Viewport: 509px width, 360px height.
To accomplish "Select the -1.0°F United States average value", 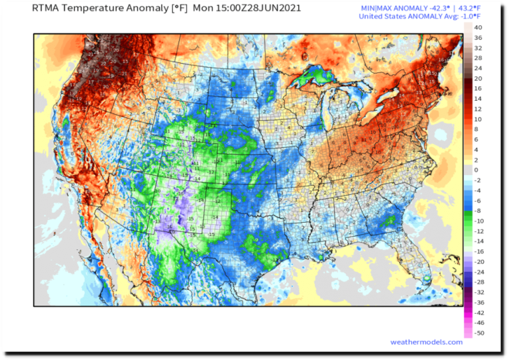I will click(469, 17).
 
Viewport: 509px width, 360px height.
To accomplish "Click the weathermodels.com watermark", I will click(426, 342).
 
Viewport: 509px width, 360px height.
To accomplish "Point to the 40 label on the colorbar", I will click(477, 27).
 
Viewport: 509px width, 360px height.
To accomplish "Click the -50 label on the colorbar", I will click(479, 333).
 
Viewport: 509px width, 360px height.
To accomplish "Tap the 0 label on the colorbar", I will click(476, 170).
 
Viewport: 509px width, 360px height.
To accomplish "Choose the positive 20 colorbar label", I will click(477, 78).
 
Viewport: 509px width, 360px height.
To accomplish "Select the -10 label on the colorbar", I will click(479, 221).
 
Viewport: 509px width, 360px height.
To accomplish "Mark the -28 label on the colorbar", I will click(479, 282).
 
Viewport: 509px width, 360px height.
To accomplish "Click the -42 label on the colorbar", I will click(479, 312).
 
